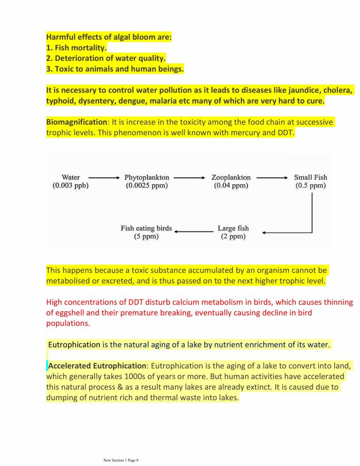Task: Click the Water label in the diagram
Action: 71,177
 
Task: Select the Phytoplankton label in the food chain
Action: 147,177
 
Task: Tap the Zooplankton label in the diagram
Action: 231,177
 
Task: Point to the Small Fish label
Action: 310,177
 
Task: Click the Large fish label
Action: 233,228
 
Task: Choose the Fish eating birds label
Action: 146,228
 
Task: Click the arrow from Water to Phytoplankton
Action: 104,177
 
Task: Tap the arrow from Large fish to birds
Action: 193,231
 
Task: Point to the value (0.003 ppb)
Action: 71,185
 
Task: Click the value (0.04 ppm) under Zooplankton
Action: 231,185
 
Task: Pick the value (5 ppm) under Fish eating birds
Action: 146,236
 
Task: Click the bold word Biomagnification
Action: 77,122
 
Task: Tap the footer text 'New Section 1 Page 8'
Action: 121,460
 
